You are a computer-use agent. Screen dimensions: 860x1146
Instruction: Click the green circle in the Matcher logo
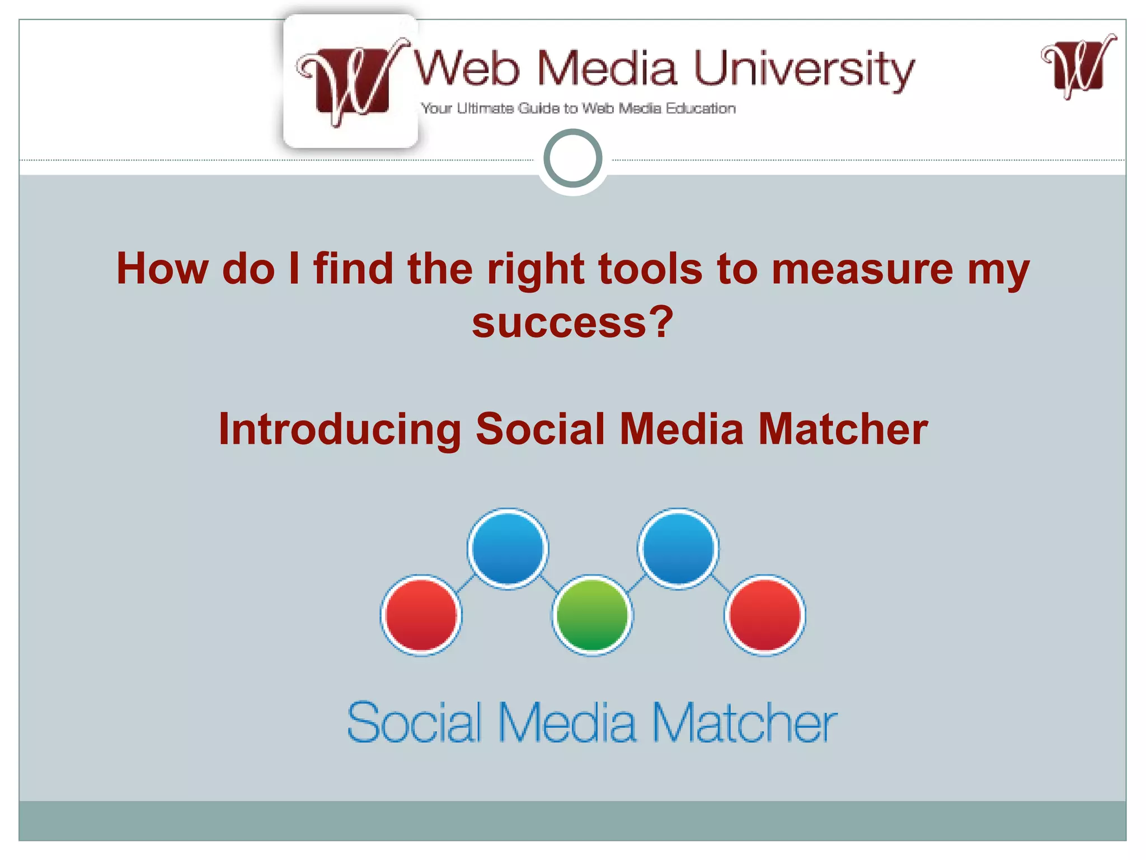pyautogui.click(x=592, y=615)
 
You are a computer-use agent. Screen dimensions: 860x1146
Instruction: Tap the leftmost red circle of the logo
pyautogui.click(x=421, y=615)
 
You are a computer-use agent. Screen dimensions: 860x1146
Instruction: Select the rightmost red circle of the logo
pyautogui.click(x=765, y=615)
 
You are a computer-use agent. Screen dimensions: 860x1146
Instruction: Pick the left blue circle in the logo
pyautogui.click(x=508, y=549)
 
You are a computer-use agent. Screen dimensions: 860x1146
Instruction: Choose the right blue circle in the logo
pyautogui.click(x=678, y=549)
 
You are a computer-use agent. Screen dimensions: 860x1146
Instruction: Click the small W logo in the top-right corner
pyautogui.click(x=1078, y=67)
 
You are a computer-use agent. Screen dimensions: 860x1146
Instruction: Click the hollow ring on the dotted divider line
pyautogui.click(x=573, y=158)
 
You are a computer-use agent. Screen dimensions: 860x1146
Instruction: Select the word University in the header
pyautogui.click(x=804, y=69)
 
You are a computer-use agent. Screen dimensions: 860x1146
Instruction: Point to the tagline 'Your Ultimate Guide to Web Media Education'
pyautogui.click(x=578, y=109)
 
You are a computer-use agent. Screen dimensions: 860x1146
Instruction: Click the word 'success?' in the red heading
pyautogui.click(x=572, y=323)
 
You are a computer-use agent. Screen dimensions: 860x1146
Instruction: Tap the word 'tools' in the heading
pyautogui.click(x=650, y=269)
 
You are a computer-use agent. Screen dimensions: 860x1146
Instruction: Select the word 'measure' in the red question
pyautogui.click(x=862, y=269)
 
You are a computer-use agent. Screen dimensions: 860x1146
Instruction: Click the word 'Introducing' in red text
pyautogui.click(x=340, y=430)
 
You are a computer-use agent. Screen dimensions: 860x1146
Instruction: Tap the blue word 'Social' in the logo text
pyautogui.click(x=415, y=723)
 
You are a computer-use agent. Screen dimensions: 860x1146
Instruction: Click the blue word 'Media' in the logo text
pyautogui.click(x=567, y=723)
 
